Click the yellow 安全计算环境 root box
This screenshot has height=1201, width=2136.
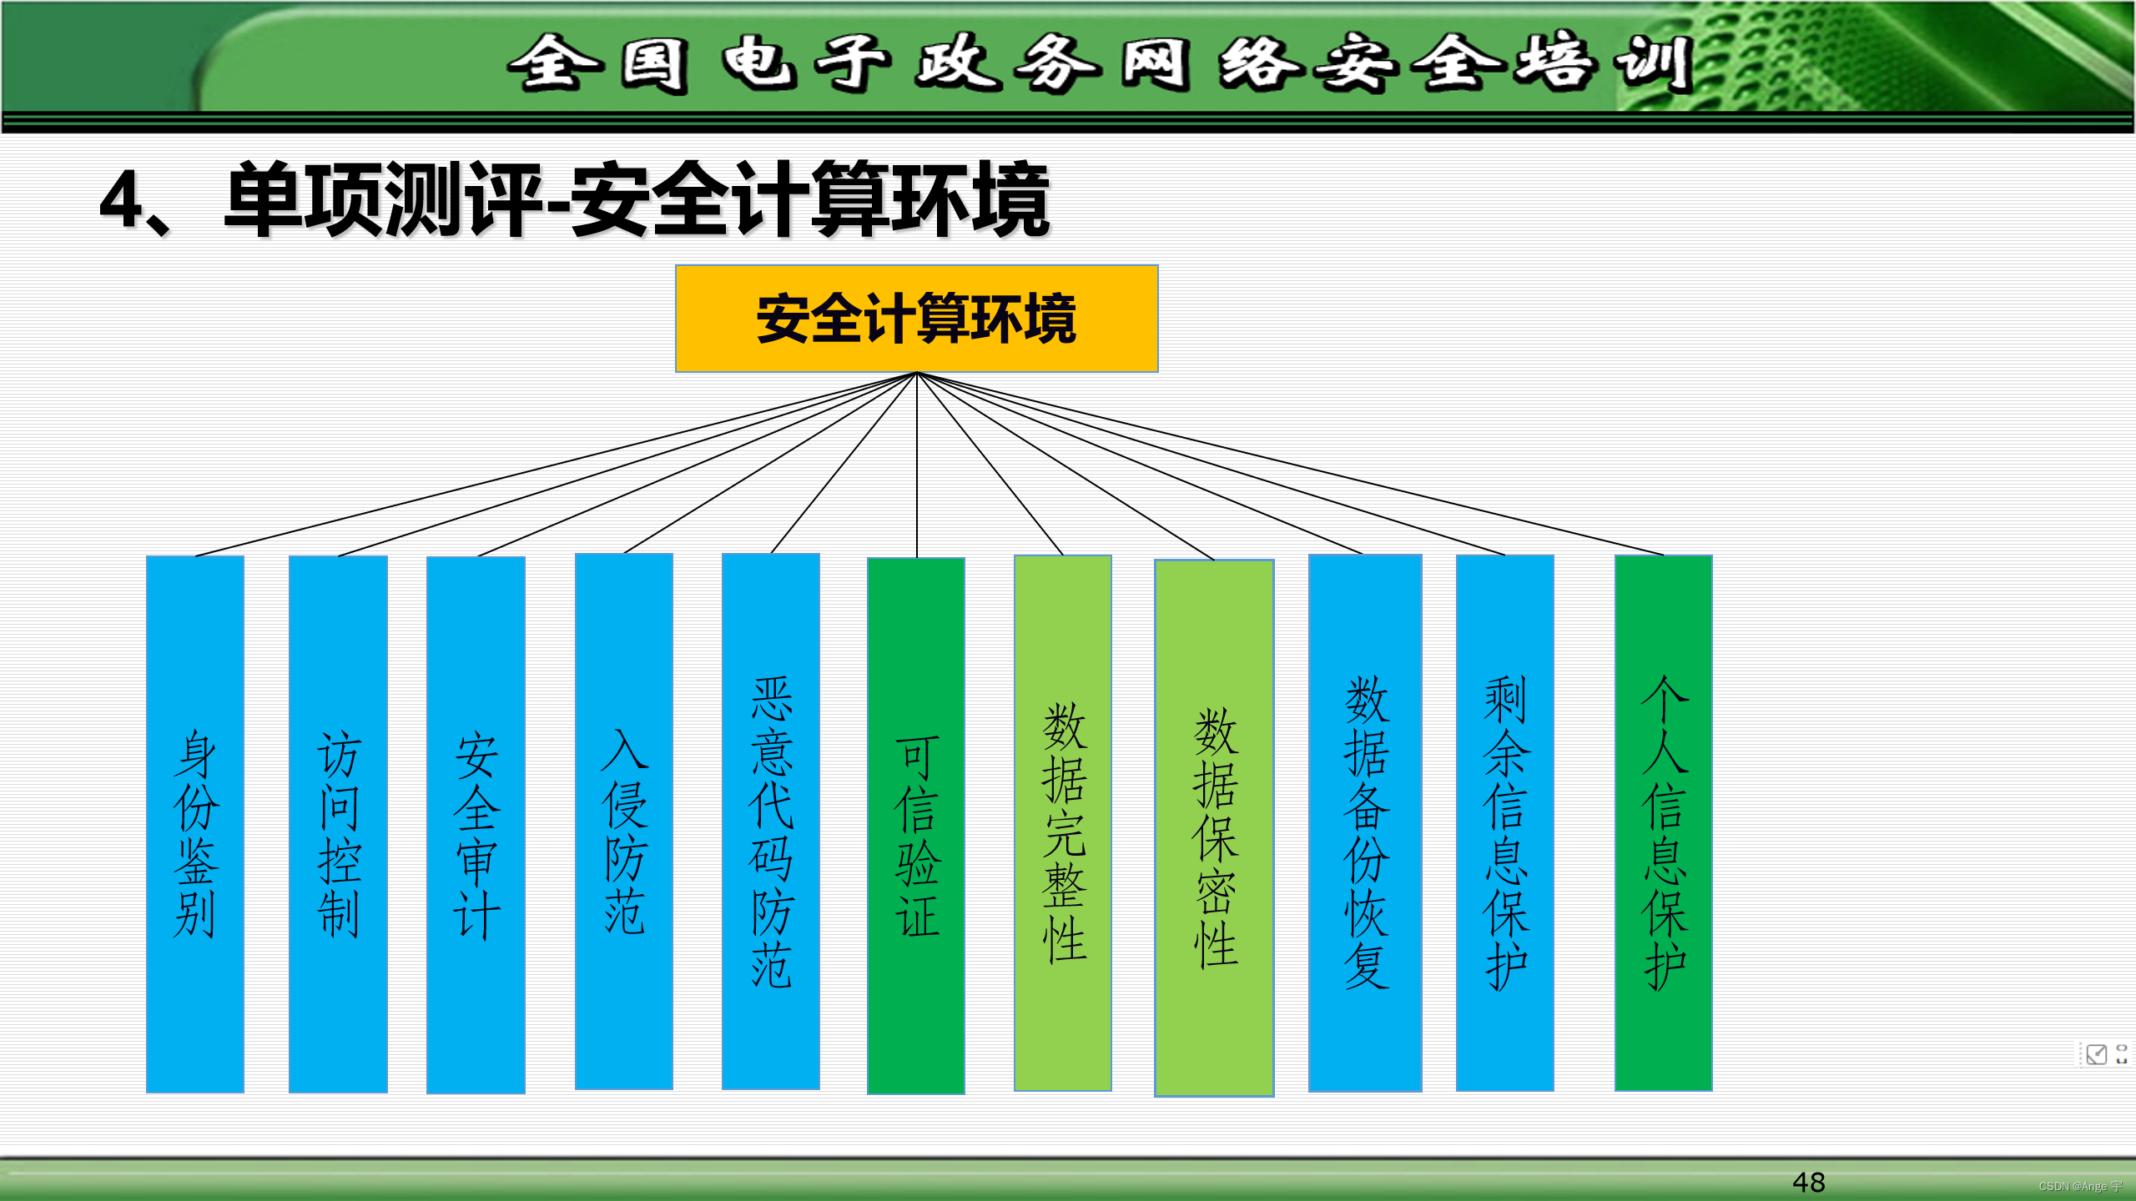tap(916, 319)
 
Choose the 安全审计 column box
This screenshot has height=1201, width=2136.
tap(476, 826)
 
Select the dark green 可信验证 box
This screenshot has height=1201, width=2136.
tap(916, 826)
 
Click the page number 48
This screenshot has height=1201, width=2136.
tap(1808, 1182)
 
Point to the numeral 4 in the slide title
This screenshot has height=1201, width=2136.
tap(121, 200)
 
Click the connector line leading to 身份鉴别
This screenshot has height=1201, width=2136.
tap(556, 464)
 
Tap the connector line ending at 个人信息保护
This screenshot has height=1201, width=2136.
tap(1290, 464)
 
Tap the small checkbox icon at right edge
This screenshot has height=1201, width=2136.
tap(2096, 1054)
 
